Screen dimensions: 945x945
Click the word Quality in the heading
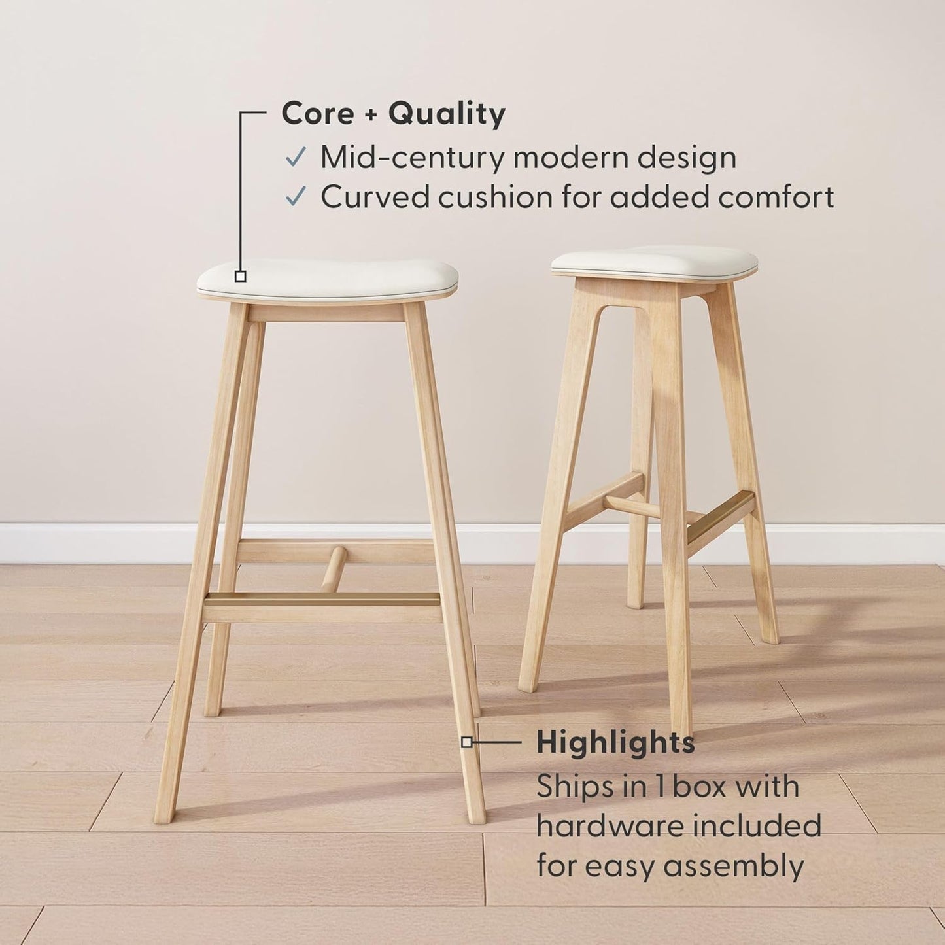click(447, 114)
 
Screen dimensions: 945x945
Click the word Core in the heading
click(317, 114)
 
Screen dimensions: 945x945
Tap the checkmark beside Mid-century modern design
click(296, 158)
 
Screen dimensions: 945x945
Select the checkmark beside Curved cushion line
click(296, 196)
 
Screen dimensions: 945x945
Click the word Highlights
click(615, 743)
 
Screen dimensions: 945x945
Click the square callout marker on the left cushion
click(240, 276)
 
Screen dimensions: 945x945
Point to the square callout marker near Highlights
click(466, 742)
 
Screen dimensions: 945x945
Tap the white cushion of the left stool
click(327, 279)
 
